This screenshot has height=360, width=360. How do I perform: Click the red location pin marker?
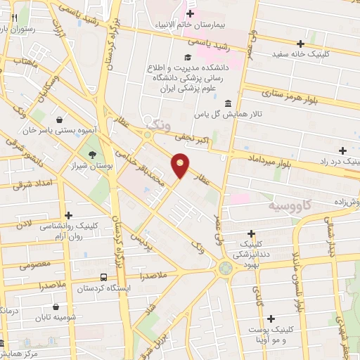pyautogui.click(x=180, y=166)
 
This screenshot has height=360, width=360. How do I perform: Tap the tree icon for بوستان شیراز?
pyautogui.click(x=92, y=154)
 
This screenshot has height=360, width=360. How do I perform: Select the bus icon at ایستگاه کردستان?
pyautogui.click(x=104, y=277)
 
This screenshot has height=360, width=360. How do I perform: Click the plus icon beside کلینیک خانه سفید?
pyautogui.click(x=300, y=43)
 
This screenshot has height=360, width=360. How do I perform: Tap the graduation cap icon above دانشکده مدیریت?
pyautogui.click(x=186, y=58)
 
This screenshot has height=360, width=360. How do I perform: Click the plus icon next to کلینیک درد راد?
pyautogui.click(x=342, y=150)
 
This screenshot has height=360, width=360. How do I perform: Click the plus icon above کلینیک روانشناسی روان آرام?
pyautogui.click(x=68, y=215)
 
